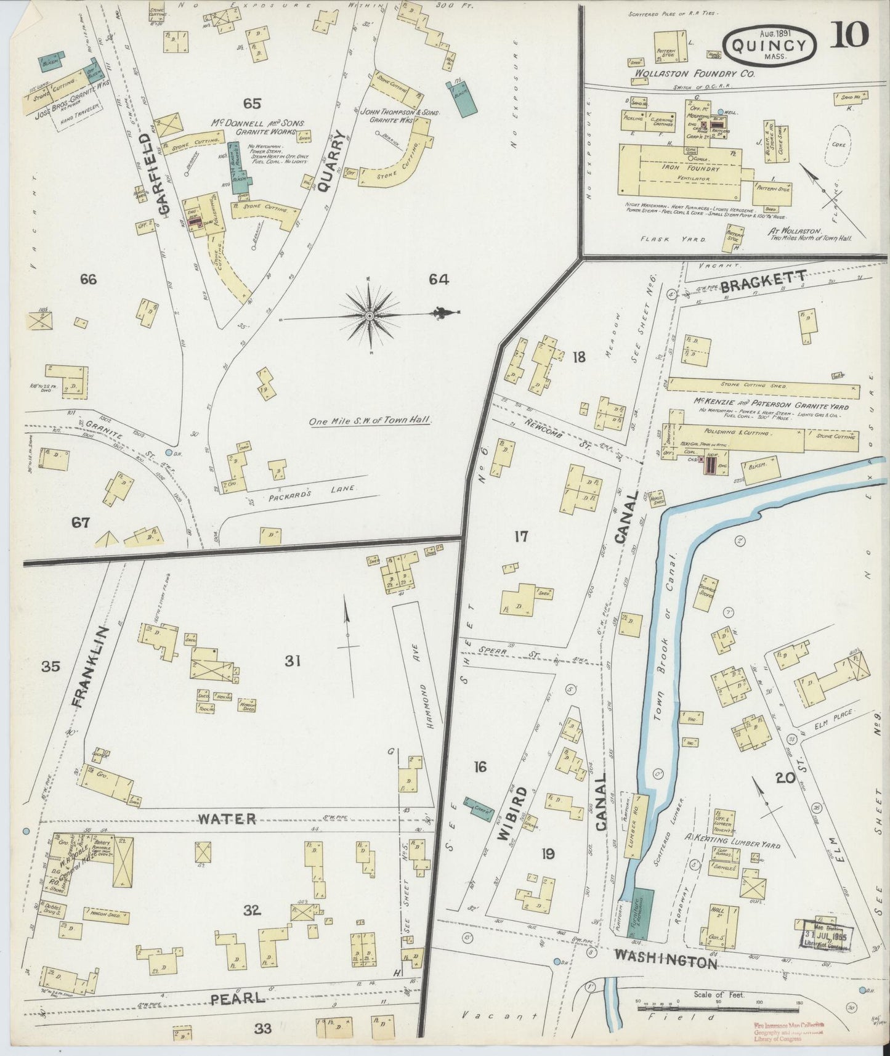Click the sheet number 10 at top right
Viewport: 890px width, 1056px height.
849,34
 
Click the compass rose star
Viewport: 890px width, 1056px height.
370,316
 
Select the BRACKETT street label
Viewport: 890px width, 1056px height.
763,282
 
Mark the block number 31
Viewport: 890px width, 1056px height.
293,661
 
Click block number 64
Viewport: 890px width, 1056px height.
439,280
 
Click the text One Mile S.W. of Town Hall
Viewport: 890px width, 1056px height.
370,421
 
